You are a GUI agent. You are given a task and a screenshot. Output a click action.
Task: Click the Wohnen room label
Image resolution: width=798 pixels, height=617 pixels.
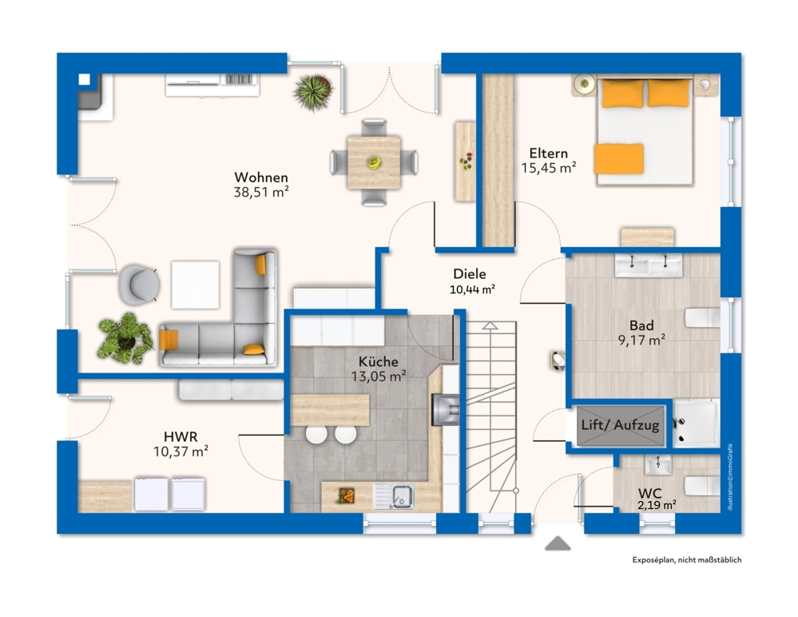260,177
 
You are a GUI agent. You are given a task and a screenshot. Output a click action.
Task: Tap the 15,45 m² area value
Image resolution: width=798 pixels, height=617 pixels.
549,168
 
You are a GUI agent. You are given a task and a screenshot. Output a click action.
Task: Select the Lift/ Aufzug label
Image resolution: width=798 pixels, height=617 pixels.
620,425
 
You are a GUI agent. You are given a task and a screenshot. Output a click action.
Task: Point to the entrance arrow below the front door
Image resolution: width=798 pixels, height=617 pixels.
558,543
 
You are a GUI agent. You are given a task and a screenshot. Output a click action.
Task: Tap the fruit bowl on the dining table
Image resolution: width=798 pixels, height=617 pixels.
373,162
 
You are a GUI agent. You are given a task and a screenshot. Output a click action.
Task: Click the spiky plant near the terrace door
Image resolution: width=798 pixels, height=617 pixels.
312,92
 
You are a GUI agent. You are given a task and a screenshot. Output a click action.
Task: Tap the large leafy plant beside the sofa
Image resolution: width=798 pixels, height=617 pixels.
125,338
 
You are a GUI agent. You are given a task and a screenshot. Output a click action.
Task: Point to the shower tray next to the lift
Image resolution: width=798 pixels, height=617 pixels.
695,423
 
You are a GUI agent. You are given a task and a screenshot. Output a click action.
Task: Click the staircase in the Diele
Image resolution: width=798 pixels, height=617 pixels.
491,416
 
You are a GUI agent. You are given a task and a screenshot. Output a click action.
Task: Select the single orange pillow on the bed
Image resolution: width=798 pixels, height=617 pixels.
618,157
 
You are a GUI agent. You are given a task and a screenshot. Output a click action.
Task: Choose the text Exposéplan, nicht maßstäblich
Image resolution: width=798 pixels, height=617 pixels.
686,559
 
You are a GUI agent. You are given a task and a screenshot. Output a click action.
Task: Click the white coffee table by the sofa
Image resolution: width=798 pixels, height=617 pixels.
195,285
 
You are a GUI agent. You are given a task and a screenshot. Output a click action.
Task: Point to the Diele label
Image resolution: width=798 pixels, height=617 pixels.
470,274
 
